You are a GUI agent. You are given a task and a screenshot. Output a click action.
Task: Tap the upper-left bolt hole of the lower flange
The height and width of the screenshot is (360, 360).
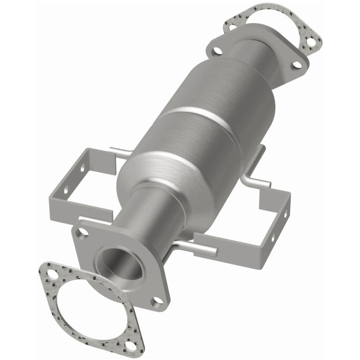(82, 233)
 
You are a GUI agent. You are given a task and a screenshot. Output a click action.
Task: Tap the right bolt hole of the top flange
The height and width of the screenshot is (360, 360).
(295, 65)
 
